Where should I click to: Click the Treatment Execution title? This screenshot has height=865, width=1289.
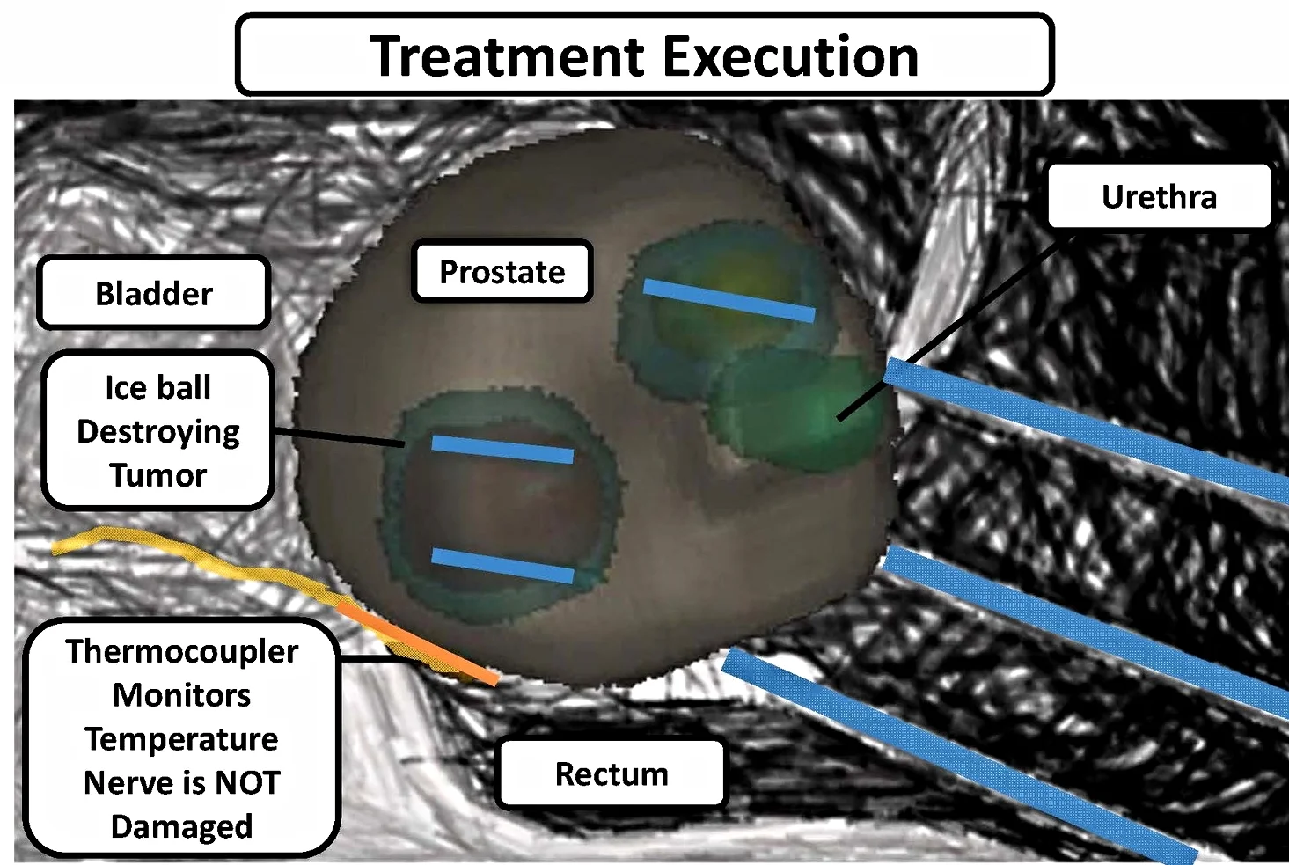644,55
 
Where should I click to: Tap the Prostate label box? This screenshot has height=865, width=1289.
502,272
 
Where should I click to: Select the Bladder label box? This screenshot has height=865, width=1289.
153,293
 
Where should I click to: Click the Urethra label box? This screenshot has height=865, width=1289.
1158,196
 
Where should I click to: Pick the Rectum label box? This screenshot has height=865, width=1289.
611,774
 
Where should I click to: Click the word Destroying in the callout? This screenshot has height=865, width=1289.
158,432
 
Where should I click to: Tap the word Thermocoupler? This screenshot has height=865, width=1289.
182,651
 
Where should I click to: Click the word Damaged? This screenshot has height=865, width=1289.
182,826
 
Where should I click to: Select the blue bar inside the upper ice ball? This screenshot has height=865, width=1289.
729,300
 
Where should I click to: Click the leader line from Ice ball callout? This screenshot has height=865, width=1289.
340,437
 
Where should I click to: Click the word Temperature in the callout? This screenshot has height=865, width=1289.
181,739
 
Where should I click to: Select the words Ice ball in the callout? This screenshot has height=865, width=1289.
158,387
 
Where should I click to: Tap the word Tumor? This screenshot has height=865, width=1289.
158,475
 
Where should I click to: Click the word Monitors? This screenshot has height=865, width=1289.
182,695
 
